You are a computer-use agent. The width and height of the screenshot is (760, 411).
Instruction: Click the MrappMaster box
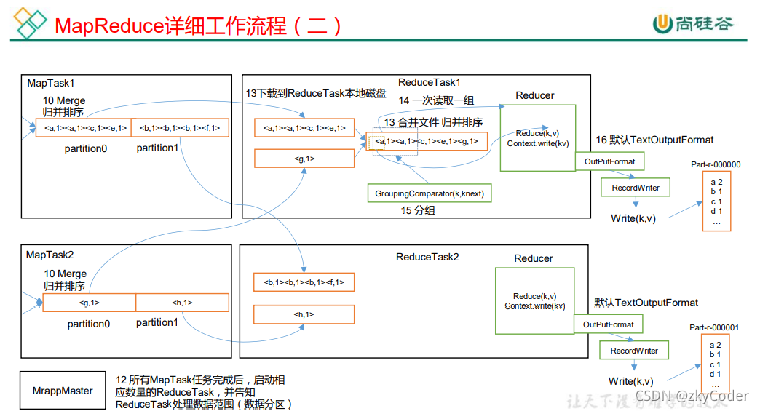[x=63, y=391]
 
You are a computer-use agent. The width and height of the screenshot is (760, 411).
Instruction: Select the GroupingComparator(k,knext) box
[x=429, y=193]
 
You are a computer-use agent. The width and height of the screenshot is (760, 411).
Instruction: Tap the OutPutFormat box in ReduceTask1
[x=609, y=161]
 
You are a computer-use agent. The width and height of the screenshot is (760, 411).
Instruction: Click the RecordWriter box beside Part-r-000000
[x=635, y=188]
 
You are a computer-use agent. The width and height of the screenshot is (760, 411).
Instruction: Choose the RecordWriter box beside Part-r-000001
[x=633, y=351]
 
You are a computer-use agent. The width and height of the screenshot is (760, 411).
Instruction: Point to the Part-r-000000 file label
[x=716, y=164]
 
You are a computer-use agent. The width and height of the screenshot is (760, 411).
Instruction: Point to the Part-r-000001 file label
[x=714, y=327]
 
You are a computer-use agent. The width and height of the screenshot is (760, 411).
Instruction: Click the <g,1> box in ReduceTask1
[x=304, y=158]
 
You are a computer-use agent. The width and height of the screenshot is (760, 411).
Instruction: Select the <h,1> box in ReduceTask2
[x=304, y=314]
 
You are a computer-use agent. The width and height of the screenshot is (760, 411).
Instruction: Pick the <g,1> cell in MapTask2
[x=89, y=303]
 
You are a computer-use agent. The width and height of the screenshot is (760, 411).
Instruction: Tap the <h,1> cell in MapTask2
[x=182, y=303]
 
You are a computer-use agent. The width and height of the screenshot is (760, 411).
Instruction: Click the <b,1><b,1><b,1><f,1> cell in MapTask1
[x=180, y=128]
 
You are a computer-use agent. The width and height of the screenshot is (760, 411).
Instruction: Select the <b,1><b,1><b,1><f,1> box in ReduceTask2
[x=304, y=282]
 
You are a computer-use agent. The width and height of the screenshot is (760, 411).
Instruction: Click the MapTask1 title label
[x=51, y=84]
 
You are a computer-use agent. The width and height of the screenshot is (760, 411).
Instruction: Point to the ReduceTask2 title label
[x=427, y=257]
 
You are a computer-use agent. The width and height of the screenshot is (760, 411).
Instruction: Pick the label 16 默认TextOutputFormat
[x=654, y=140]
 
